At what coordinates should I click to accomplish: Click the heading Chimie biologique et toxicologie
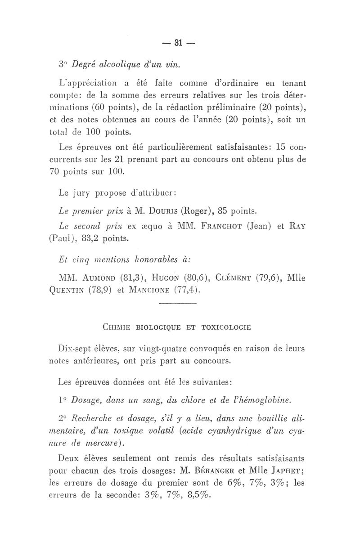[177, 327]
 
